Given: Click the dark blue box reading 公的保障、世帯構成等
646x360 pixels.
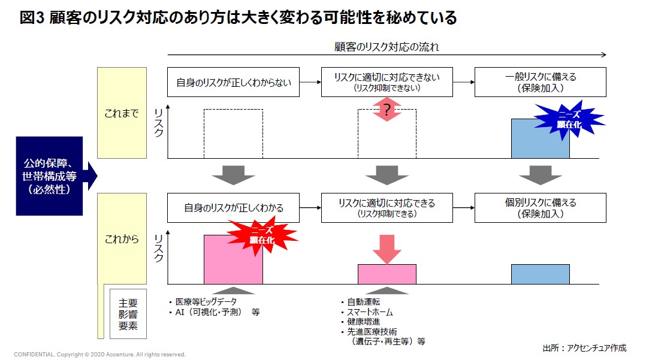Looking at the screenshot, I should [49, 176].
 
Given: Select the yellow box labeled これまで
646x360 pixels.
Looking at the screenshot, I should [122, 113].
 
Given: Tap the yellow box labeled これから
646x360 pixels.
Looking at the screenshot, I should [122, 238].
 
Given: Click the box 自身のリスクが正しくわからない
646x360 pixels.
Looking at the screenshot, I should [233, 82].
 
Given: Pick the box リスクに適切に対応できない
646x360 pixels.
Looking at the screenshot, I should [387, 82].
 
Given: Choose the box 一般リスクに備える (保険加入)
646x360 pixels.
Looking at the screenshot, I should [540, 82].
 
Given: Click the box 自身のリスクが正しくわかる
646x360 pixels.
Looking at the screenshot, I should [233, 208].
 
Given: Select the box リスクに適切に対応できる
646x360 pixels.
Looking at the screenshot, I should [387, 208].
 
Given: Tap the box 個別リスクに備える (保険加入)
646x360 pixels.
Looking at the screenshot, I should [540, 208].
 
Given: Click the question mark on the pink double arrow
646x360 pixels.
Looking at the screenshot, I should [387, 110].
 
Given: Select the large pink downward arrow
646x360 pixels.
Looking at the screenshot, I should [387, 247].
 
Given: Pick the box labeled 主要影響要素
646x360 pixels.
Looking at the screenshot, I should [128, 313].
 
